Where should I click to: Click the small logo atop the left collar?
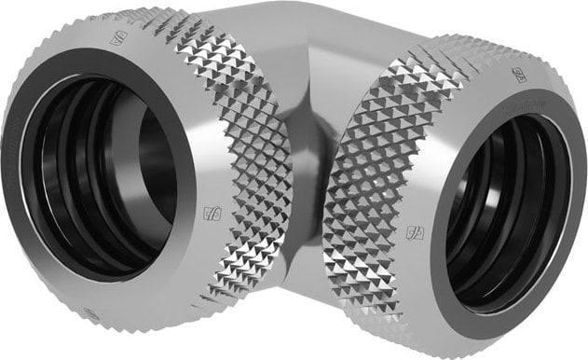pyautogui.click(x=117, y=39)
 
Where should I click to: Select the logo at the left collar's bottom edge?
pyautogui.click(x=91, y=314)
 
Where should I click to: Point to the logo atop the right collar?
pyautogui.click(x=518, y=75)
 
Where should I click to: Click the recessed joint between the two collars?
pyautogui.click(x=301, y=177)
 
